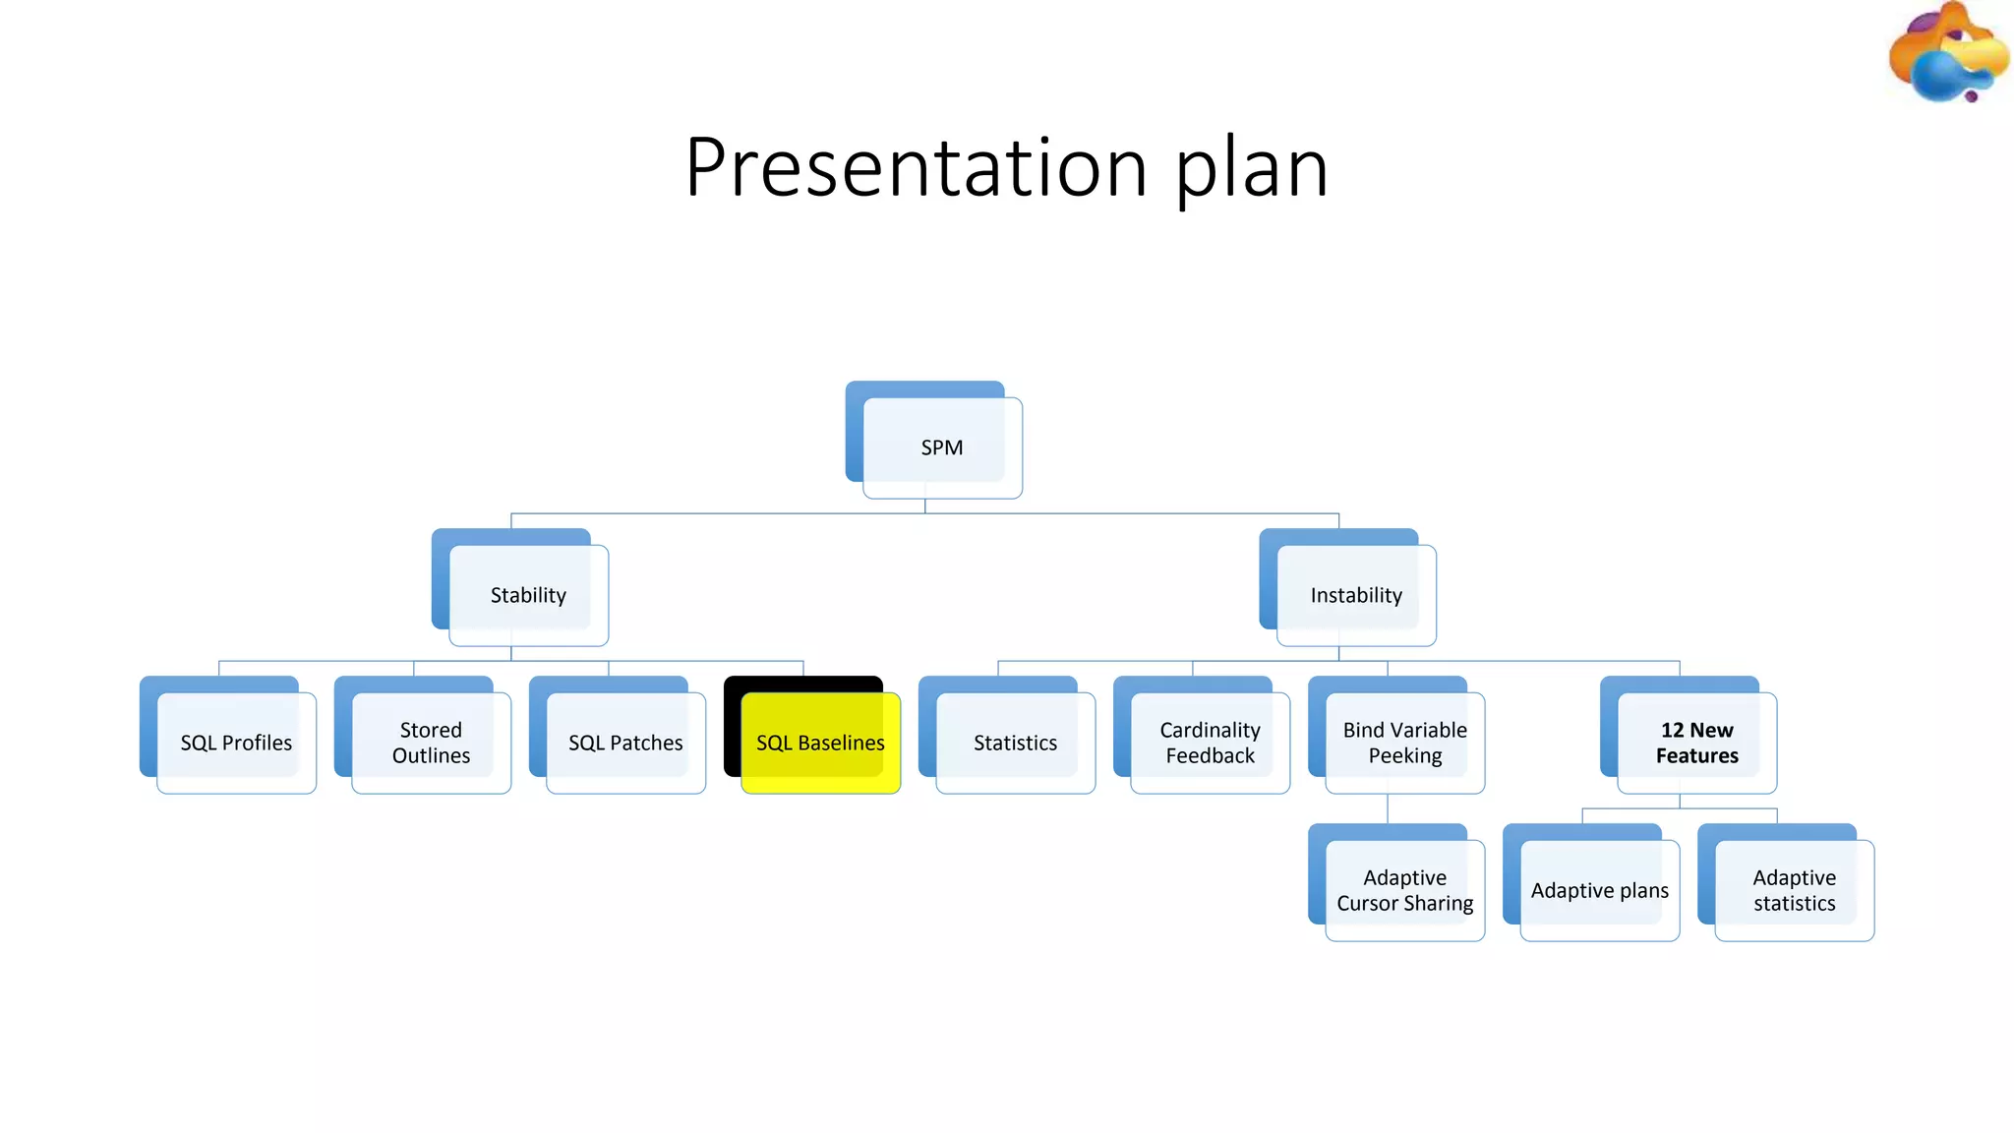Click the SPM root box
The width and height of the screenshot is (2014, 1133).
(941, 447)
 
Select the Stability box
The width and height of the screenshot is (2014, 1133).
(528, 595)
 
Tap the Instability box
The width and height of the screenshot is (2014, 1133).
(1356, 595)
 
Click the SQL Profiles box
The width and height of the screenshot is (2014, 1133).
(236, 743)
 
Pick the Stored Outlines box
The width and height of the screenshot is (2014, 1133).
(431, 743)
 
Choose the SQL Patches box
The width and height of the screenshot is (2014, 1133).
(625, 743)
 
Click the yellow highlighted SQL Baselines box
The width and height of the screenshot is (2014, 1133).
(820, 743)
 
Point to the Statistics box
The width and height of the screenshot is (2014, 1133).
(1015, 743)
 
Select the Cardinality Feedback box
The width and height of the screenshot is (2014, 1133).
(1210, 743)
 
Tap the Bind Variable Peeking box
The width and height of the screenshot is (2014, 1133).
(1404, 743)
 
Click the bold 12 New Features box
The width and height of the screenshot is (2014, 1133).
(1696, 743)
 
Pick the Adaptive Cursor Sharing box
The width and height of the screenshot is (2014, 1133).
(1404, 890)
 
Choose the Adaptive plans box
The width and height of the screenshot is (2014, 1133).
(1599, 890)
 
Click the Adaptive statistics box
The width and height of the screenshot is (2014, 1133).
(1794, 890)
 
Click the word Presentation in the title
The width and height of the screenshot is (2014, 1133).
(916, 167)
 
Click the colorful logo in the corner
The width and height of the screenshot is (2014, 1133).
(1948, 54)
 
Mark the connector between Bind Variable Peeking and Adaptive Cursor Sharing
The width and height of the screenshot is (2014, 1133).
(1388, 808)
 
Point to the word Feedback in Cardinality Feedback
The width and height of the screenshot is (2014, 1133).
(1210, 756)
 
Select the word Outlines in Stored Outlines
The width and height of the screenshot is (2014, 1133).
(431, 756)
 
